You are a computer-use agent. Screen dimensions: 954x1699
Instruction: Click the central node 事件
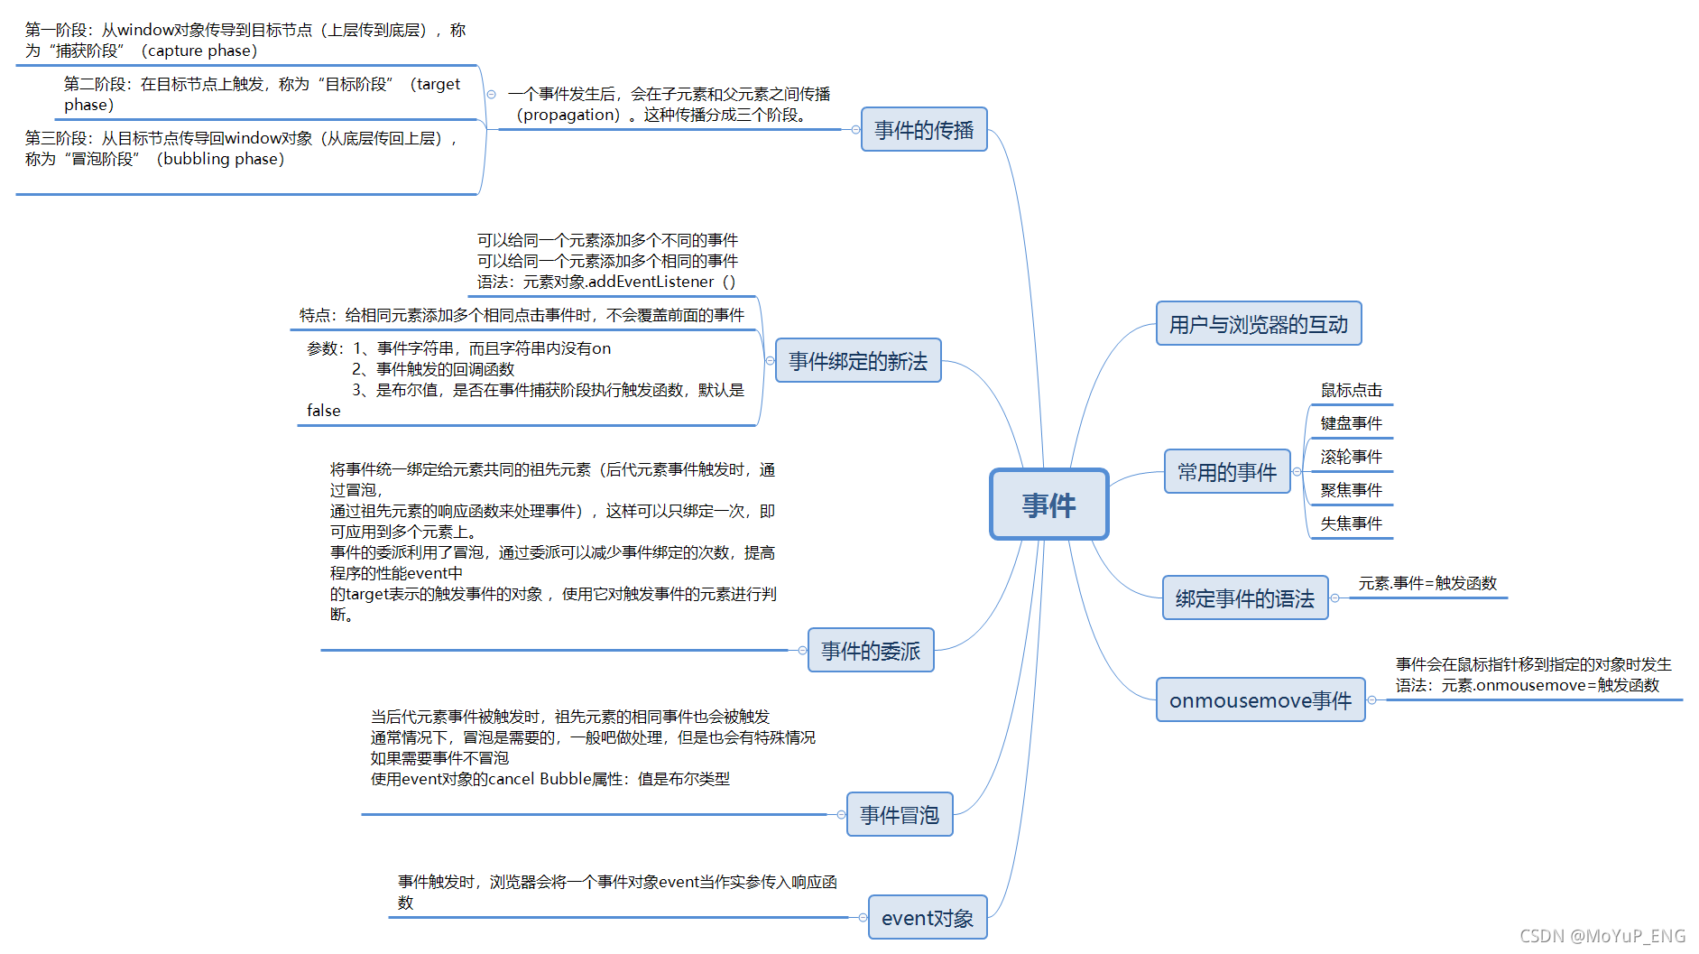point(1048,505)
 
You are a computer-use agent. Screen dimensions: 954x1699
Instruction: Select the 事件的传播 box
point(924,130)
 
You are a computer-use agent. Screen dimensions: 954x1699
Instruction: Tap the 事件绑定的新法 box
point(857,361)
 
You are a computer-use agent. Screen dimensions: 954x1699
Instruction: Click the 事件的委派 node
point(870,651)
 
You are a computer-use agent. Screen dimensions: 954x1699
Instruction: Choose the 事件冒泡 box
point(899,815)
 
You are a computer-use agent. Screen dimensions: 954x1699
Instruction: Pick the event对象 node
point(927,918)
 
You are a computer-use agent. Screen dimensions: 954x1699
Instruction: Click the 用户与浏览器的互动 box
point(1258,324)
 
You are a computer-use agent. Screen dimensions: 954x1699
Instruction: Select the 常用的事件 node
point(1226,472)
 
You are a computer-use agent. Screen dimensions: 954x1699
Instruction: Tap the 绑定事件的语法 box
point(1244,598)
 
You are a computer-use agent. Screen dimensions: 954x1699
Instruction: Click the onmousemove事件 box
point(1260,700)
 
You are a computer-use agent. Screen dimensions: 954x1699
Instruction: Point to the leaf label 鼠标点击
point(1351,390)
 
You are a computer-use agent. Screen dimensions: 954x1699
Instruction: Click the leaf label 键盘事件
point(1351,423)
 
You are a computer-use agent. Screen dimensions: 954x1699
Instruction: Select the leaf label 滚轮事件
point(1351,457)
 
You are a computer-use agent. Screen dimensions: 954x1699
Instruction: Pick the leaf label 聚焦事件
point(1351,490)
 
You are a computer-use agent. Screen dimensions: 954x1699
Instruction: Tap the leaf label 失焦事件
point(1351,523)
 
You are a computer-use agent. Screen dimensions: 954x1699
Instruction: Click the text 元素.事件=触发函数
point(1427,583)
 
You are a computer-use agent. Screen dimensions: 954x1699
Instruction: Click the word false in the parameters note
point(323,411)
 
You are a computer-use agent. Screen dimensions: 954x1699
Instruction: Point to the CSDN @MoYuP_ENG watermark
point(1602,936)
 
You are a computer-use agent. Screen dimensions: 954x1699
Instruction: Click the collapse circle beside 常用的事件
point(1297,472)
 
